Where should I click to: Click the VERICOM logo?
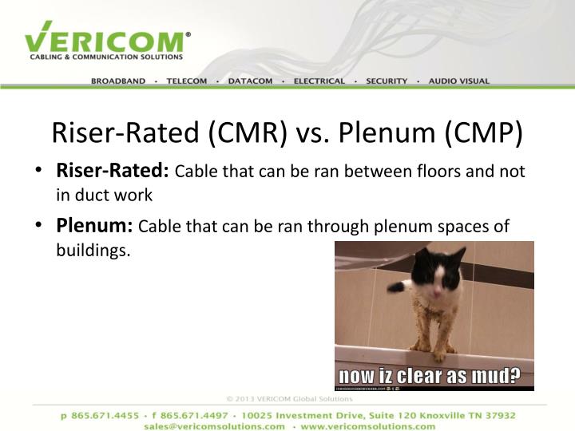(107, 40)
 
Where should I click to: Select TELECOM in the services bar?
(187, 81)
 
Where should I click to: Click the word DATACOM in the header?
(250, 81)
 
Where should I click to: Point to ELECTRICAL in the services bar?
(319, 81)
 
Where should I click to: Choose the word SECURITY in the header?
(387, 81)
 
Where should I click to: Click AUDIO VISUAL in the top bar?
(459, 81)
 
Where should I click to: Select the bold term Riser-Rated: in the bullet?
(113, 171)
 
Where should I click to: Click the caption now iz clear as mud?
(429, 375)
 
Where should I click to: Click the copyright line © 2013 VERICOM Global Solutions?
(288, 397)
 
